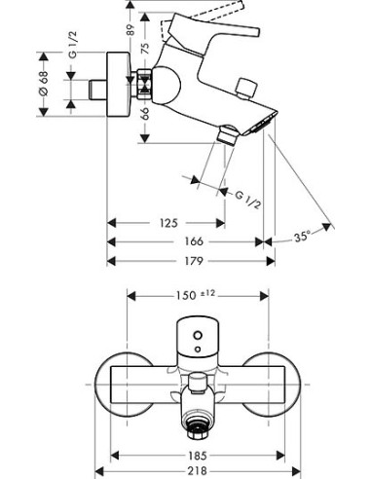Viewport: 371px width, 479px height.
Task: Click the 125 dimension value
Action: tap(168, 223)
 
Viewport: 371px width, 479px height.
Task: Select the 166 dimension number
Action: tap(194, 241)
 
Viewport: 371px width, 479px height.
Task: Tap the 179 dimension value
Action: tap(194, 261)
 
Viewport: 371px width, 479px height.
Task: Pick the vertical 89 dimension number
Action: tap(130, 30)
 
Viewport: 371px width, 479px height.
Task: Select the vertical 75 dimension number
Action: tap(146, 48)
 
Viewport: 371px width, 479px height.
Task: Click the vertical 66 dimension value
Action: tap(146, 113)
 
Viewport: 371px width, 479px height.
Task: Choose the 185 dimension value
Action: tap(198, 456)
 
